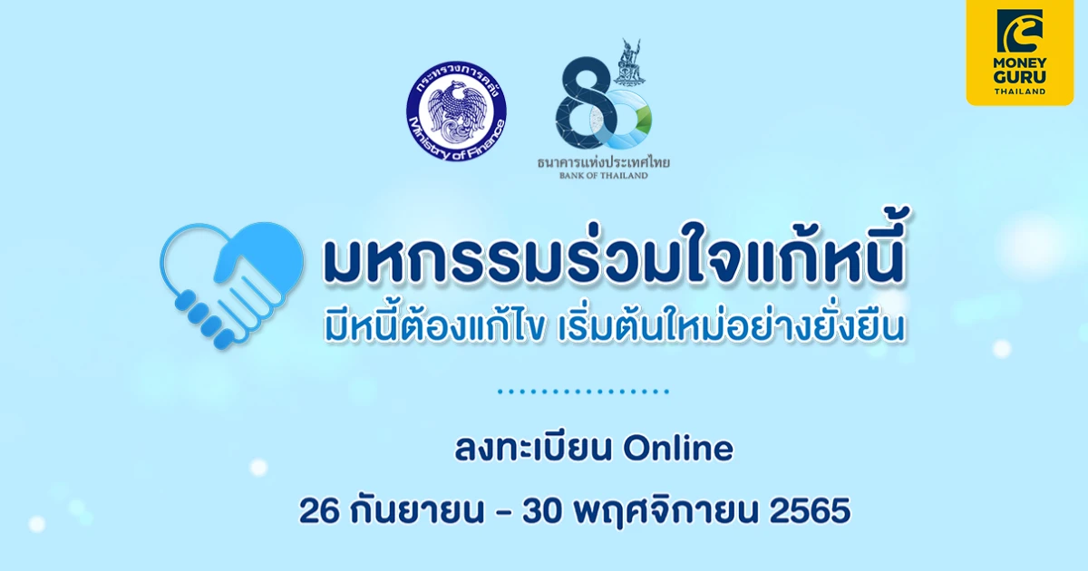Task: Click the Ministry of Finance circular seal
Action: [456, 111]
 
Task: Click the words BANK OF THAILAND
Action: [603, 175]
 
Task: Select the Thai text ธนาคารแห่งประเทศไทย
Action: [603, 162]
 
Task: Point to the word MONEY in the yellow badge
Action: [1019, 63]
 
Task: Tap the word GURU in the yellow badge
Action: [1019, 77]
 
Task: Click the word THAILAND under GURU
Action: [1019, 92]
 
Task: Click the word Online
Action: [678, 449]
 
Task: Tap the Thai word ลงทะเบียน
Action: [532, 449]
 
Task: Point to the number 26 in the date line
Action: [318, 511]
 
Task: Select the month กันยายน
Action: [417, 511]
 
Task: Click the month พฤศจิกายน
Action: [665, 512]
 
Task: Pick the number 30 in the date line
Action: [542, 511]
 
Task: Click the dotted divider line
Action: [583, 392]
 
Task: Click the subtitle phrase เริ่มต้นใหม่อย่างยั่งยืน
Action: [732, 326]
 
